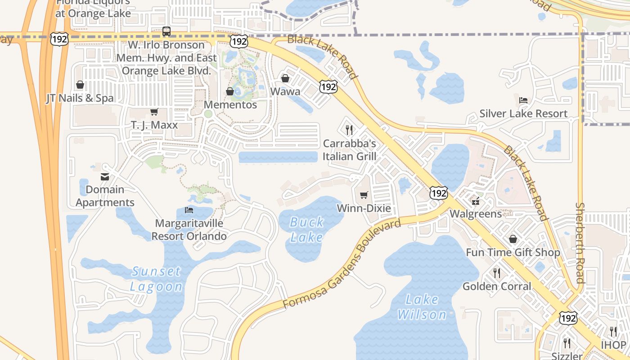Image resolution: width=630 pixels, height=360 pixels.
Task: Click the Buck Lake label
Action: click(306, 229)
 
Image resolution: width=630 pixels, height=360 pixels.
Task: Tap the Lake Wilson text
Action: click(422, 306)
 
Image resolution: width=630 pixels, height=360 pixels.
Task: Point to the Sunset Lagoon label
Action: click(156, 279)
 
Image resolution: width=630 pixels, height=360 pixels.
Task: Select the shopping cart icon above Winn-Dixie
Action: click(364, 195)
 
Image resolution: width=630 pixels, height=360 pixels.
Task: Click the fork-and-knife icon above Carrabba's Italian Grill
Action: click(349, 130)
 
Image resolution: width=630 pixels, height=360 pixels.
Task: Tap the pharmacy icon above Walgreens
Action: click(475, 200)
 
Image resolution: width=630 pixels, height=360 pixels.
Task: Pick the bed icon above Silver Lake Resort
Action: click(523, 100)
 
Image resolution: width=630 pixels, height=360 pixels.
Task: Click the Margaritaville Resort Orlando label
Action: click(189, 229)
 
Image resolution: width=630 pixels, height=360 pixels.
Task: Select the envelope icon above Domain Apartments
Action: click(105, 176)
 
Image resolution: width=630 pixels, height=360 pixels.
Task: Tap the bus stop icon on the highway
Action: click(166, 31)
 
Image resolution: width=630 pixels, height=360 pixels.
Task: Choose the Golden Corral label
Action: click(497, 286)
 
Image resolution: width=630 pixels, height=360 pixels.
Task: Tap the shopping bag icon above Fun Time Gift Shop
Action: click(513, 239)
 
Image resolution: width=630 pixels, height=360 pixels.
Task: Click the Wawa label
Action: click(285, 91)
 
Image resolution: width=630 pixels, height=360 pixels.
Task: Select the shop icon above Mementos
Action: click(230, 91)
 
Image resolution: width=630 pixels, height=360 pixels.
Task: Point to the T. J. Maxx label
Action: click(154, 125)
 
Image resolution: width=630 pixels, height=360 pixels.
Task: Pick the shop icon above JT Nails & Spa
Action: click(80, 85)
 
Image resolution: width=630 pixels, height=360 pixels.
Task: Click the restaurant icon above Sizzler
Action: click(567, 343)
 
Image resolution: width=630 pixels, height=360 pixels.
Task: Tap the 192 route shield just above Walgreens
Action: click(438, 193)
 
